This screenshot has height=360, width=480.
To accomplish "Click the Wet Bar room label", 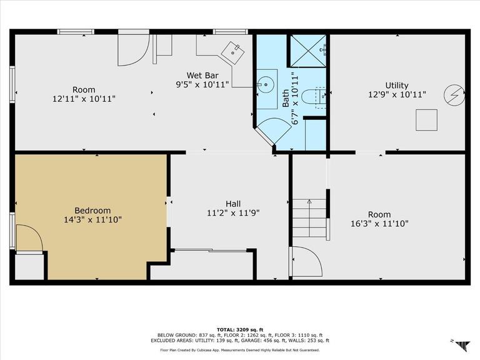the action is [x=202, y=75].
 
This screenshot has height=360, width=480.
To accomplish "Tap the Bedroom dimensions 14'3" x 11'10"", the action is [x=92, y=220].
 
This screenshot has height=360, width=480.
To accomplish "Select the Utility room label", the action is [x=397, y=86].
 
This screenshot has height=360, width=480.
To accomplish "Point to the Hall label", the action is [x=233, y=204].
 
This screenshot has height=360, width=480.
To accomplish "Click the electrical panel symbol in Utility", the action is [x=454, y=95].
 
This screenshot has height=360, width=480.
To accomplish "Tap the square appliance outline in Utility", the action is [x=426, y=120].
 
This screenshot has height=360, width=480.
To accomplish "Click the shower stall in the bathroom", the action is [x=308, y=51].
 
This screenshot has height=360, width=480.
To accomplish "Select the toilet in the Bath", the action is [x=314, y=97].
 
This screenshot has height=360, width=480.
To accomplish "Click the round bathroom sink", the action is [x=265, y=84].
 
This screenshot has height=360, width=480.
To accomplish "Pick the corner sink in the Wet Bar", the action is [x=232, y=52].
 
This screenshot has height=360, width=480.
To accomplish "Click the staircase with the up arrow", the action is [x=310, y=218].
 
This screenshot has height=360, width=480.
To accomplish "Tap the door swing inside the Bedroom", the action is [x=29, y=237].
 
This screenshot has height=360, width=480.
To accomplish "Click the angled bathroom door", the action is [x=272, y=131].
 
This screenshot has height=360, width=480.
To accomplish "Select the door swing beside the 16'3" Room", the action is [x=306, y=261].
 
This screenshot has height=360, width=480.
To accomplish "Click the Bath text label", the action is [x=285, y=98].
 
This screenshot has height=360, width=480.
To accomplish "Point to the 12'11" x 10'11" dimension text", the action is [x=84, y=99].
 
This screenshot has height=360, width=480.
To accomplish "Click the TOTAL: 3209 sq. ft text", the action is [x=240, y=330].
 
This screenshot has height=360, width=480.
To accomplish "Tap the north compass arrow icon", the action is [x=462, y=345].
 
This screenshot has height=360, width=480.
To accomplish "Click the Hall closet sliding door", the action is [x=210, y=251].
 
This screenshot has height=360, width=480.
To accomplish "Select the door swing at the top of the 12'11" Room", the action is [x=134, y=49].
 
